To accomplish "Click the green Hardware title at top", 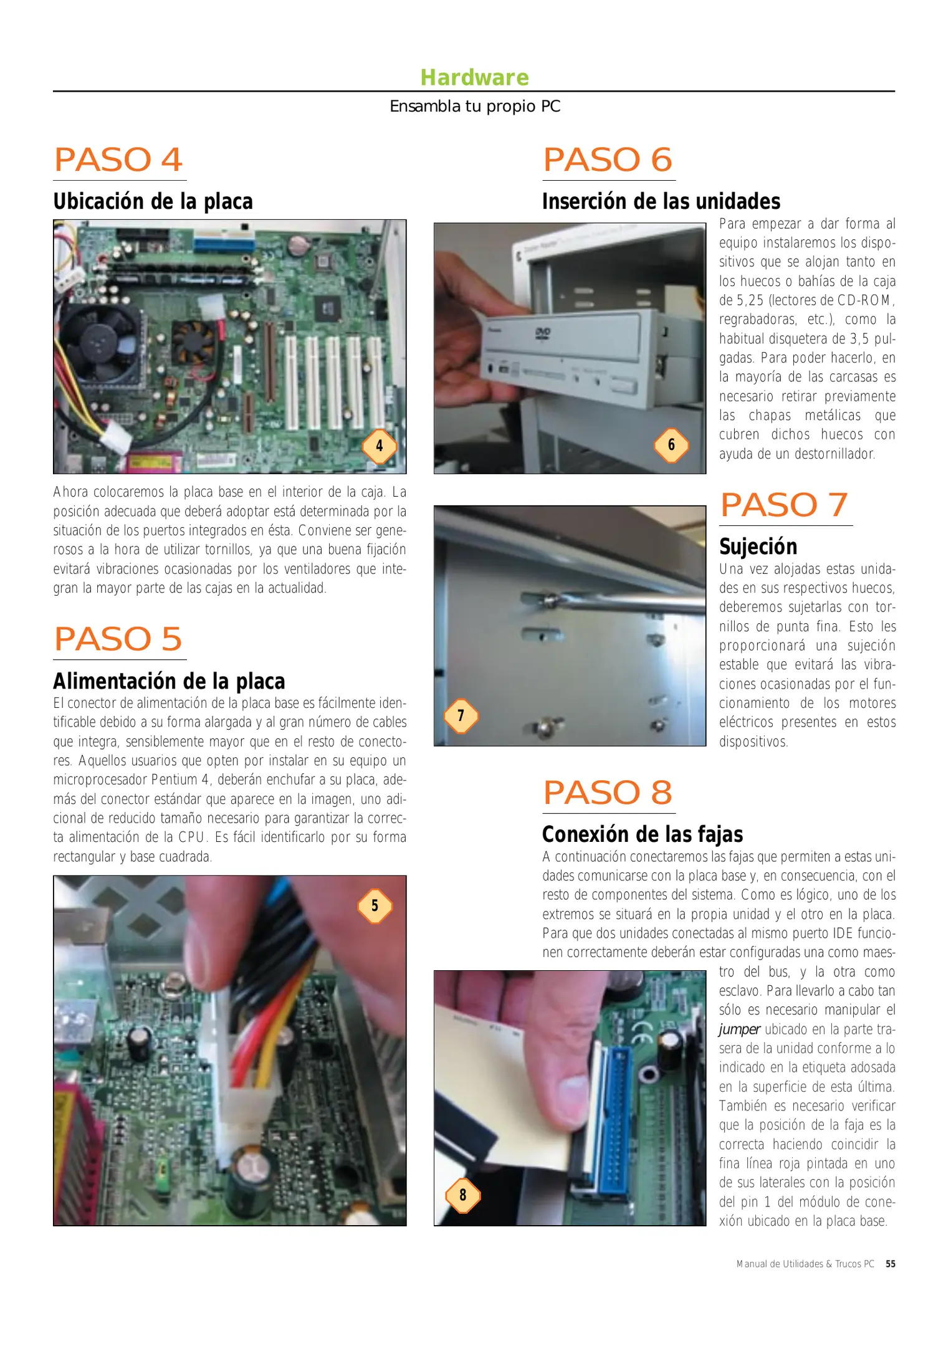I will tap(474, 77).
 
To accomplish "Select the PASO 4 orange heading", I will tap(118, 160).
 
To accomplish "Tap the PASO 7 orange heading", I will tap(784, 505).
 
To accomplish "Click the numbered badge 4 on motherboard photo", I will tap(379, 446).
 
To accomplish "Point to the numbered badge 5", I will tap(375, 905).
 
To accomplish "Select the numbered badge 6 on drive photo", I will tap(671, 445).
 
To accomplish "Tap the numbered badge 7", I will tap(461, 715).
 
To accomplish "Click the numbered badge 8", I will tap(462, 1195).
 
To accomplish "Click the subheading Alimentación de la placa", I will tap(169, 680).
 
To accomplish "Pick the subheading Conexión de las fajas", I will tap(643, 834).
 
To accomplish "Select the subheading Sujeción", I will tap(758, 547).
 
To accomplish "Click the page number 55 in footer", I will tap(891, 1264).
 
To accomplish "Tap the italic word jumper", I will tap(739, 1029).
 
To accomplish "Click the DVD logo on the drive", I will tap(543, 334).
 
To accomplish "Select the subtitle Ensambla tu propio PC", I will tap(475, 107).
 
